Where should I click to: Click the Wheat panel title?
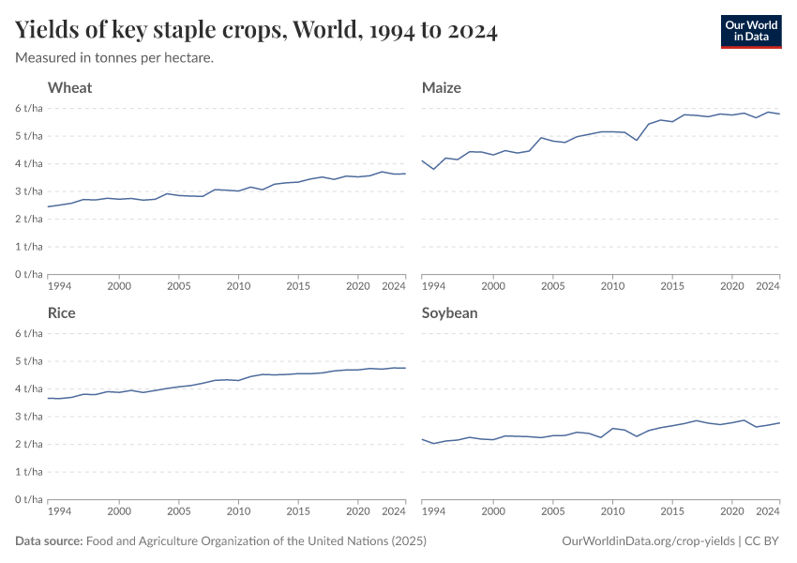[69, 88]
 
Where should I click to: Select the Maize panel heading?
[441, 88]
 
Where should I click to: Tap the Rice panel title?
[62, 313]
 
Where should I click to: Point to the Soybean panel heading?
[449, 313]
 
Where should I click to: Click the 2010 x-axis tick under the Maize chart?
[612, 286]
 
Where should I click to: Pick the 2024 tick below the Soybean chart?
[768, 511]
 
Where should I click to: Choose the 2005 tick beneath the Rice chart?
[178, 511]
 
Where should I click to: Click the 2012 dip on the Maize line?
[637, 140]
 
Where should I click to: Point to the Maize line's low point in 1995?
[433, 169]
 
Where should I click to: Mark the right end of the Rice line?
[405, 368]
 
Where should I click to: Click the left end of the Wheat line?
[47, 206]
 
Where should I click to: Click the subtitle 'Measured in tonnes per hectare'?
[114, 58]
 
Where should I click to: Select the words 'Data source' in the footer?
[48, 541]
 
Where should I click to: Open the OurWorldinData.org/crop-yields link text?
[647, 541]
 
